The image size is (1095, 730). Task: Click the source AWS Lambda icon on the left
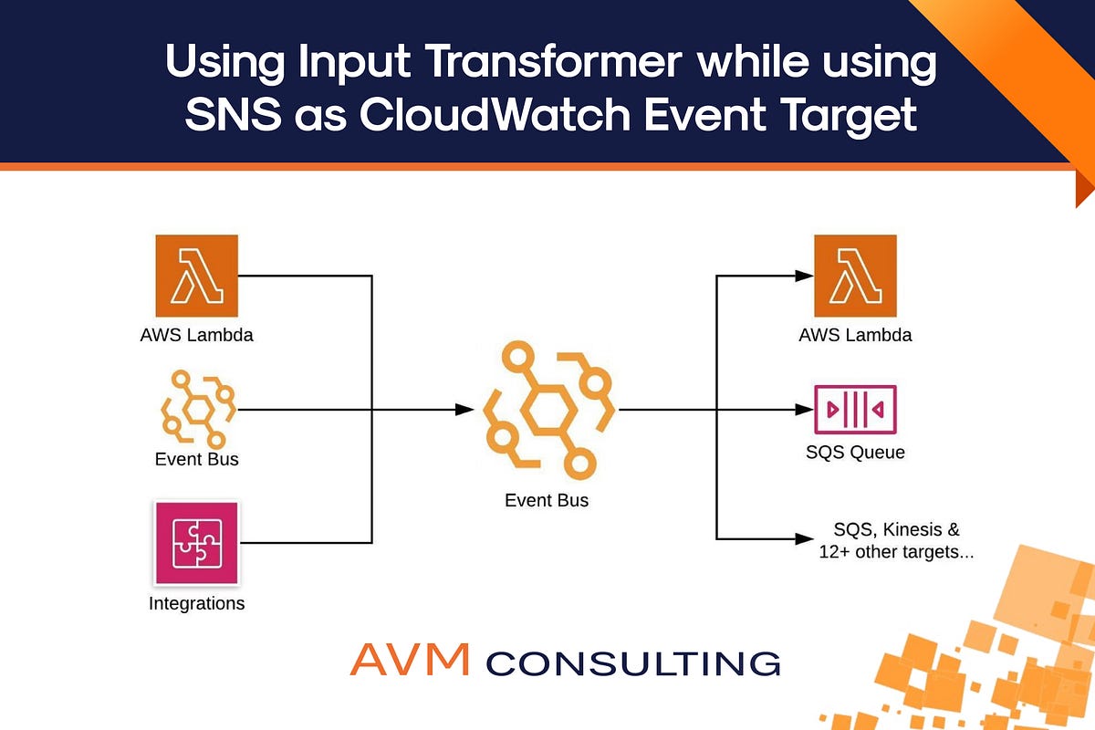(x=197, y=275)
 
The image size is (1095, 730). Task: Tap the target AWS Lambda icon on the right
(x=855, y=275)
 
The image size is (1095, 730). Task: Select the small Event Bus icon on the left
(x=197, y=409)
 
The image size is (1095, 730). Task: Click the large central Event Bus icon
(x=547, y=410)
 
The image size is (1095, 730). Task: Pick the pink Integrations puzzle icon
(x=197, y=542)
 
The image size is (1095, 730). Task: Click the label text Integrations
(x=197, y=604)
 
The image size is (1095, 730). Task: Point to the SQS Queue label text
(x=855, y=453)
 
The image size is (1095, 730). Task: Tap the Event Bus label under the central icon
(x=547, y=500)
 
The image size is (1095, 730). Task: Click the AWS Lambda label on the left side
(x=197, y=335)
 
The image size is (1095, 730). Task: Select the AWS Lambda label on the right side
(x=855, y=335)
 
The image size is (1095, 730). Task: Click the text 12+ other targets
(x=895, y=552)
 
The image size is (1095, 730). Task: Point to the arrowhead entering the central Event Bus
(x=464, y=410)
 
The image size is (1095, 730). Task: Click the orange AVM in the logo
(x=410, y=659)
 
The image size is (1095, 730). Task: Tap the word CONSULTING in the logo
(x=633, y=662)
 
